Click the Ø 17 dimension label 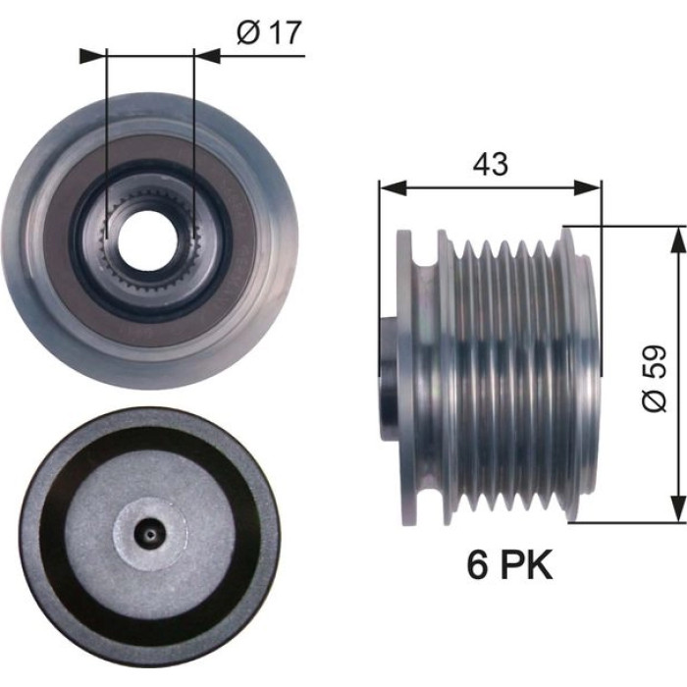point(269,32)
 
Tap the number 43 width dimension point(491,164)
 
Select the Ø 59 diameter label point(655,379)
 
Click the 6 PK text point(509,564)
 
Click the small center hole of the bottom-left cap point(150,534)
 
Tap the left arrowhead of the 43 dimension point(393,187)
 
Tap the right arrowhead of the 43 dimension point(588,187)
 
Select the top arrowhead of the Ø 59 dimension point(678,240)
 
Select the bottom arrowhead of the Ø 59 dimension point(678,509)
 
